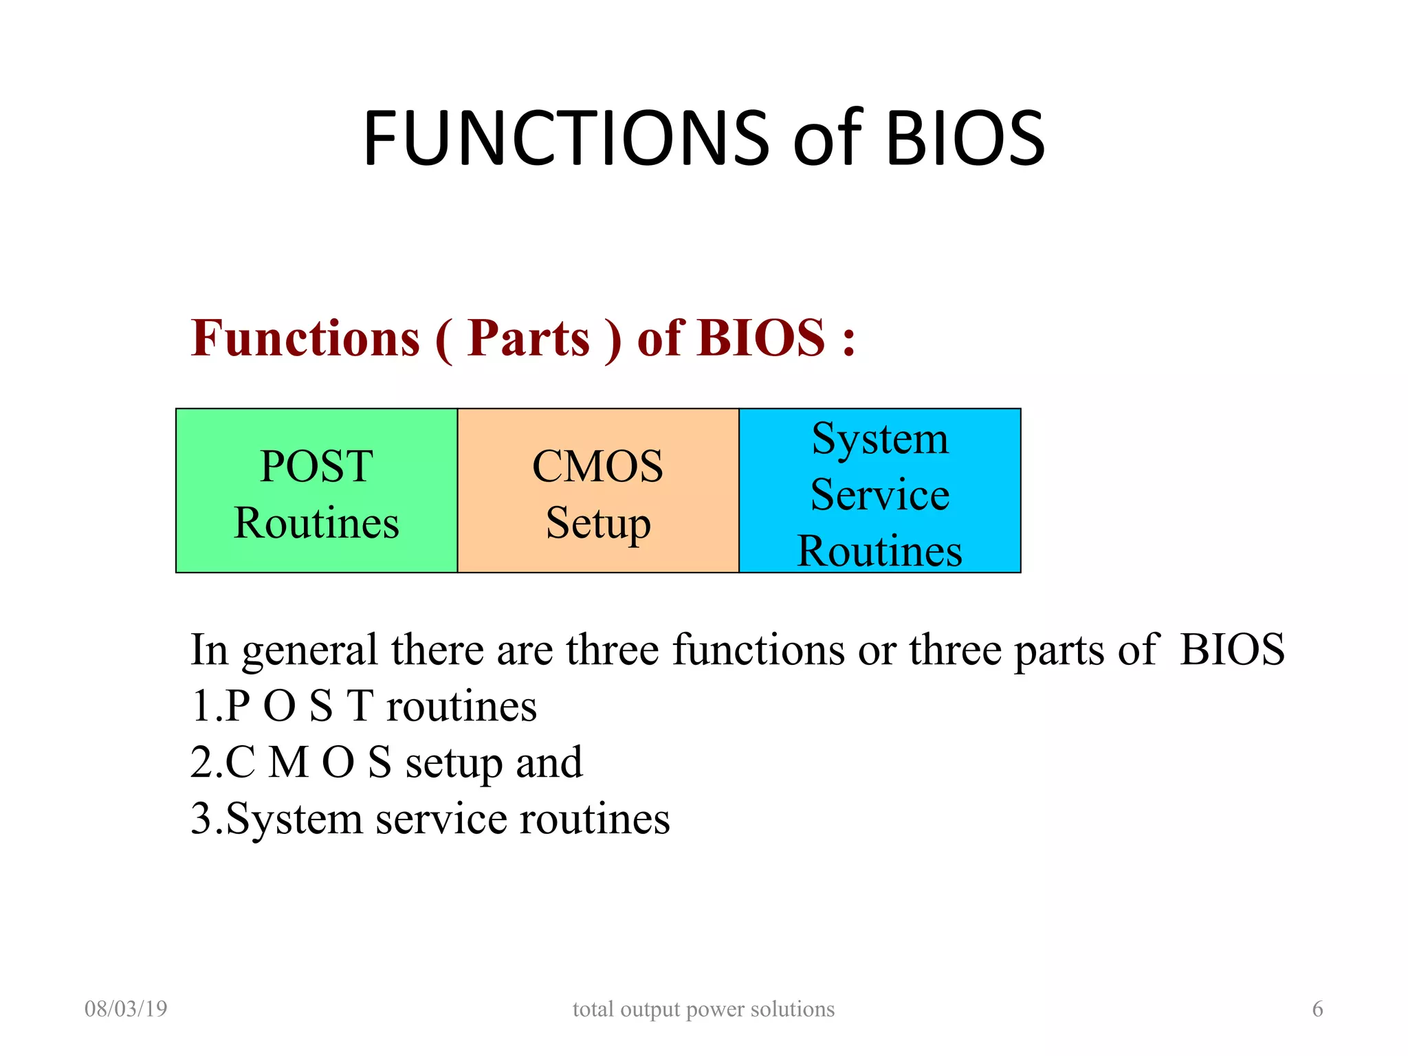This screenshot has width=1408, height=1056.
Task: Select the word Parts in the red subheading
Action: click(x=528, y=338)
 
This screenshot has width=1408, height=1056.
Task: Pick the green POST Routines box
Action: click(x=316, y=490)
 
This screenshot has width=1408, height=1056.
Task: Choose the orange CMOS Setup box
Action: click(x=598, y=490)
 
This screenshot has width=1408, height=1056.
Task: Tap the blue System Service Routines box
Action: click(x=879, y=490)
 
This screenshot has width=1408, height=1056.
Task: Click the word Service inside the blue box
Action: click(x=879, y=494)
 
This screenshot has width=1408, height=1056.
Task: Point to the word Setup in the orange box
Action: click(x=598, y=524)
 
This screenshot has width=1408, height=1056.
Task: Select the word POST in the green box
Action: click(x=316, y=466)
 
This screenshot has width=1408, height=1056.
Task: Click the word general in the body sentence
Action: click(x=309, y=650)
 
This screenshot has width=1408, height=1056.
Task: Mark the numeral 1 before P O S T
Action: click(x=201, y=706)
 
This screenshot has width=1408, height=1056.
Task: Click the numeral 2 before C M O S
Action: click(x=201, y=762)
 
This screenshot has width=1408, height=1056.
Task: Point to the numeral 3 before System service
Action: click(x=201, y=819)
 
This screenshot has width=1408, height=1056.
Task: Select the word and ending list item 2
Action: click(x=549, y=762)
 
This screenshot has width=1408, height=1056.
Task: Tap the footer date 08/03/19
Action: click(x=126, y=1009)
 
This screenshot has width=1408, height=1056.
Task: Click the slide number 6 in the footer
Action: click(x=1317, y=1009)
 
